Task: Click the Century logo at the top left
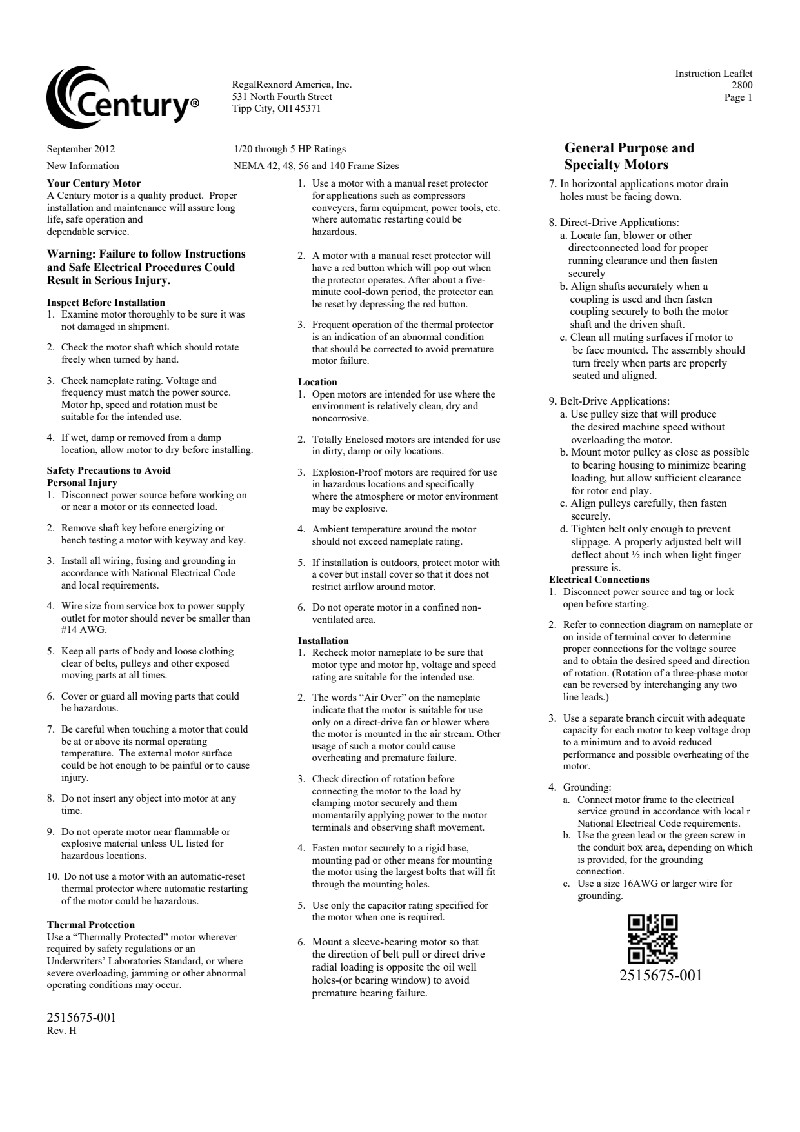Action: (x=123, y=97)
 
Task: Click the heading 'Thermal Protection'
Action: (x=91, y=925)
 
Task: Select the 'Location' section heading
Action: (x=317, y=382)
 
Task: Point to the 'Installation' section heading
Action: (x=323, y=641)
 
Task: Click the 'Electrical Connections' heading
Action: (x=599, y=580)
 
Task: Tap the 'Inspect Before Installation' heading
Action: (x=106, y=303)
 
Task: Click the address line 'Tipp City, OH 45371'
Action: (x=276, y=108)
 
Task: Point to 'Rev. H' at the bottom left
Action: (x=62, y=1030)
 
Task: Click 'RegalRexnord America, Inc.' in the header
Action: (x=292, y=85)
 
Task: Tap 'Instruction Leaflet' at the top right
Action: (x=714, y=74)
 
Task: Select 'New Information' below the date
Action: (x=83, y=166)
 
